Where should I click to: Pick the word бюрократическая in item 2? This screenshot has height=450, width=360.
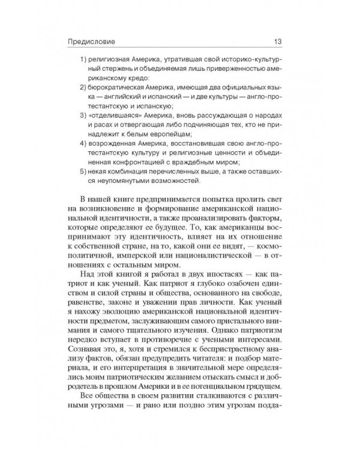coord(118,88)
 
